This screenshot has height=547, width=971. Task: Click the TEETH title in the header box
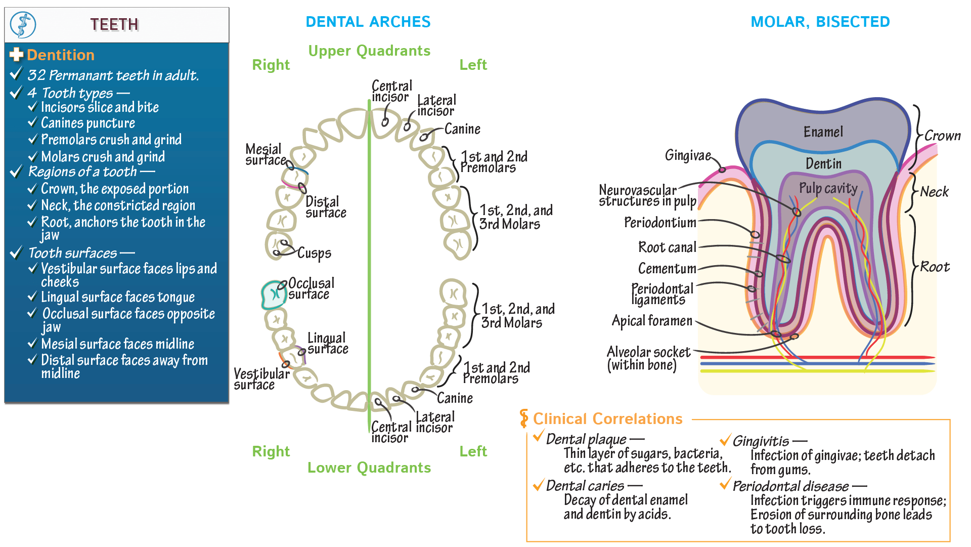click(114, 24)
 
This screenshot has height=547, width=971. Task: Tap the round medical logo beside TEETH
click(23, 25)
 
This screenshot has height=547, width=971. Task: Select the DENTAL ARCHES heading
click(368, 22)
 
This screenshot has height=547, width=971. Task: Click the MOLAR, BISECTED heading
click(820, 22)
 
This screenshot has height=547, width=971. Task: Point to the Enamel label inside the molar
click(823, 132)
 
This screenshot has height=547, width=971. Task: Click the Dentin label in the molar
click(823, 163)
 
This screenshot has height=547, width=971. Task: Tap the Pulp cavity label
click(828, 188)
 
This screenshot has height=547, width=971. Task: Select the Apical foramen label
click(652, 321)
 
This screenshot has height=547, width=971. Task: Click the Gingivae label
click(688, 155)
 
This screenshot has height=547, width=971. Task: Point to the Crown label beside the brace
click(942, 136)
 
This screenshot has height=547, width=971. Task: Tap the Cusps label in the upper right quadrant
click(314, 253)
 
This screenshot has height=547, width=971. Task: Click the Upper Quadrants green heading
click(369, 51)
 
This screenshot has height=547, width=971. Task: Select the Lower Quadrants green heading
click(369, 468)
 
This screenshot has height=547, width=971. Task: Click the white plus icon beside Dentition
click(17, 55)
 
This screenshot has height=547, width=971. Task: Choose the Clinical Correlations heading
click(607, 419)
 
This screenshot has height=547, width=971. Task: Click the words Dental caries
click(585, 486)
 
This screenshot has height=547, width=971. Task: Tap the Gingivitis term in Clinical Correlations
click(761, 441)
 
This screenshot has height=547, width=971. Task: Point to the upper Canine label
click(462, 129)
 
